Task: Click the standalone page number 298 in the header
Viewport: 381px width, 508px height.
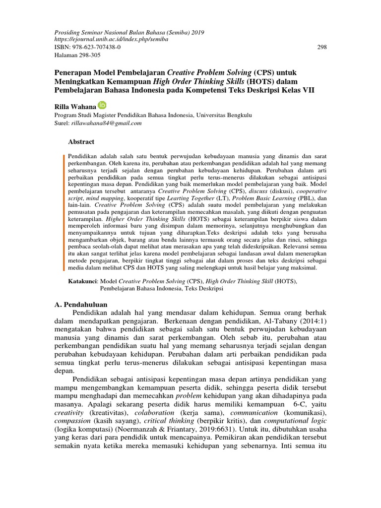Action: [321, 47]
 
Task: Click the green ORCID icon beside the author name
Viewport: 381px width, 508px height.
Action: [102, 105]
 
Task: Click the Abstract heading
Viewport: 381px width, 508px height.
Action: [81, 142]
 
